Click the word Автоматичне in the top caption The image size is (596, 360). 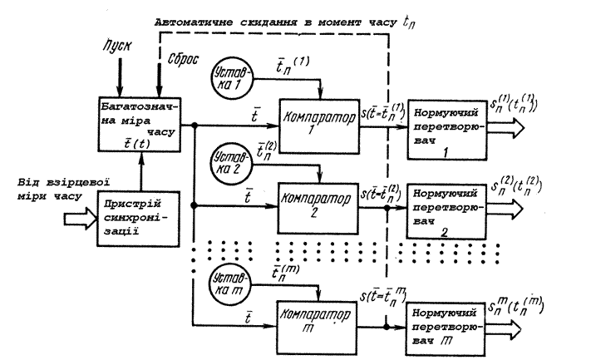point(190,22)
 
